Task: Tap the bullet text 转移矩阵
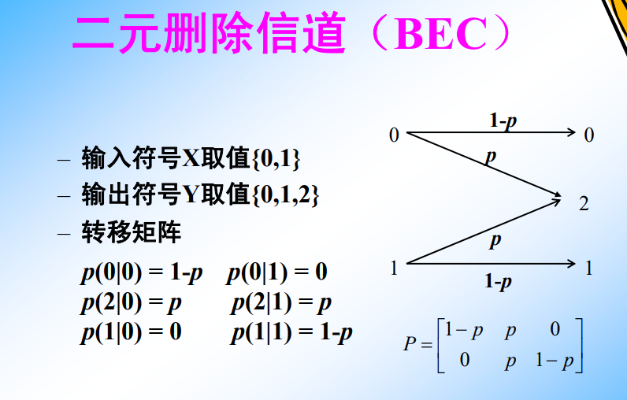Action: click(x=131, y=232)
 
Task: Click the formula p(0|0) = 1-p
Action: click(x=142, y=273)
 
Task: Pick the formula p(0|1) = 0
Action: click(x=276, y=273)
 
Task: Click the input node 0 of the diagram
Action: click(x=394, y=135)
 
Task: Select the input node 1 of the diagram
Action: click(x=394, y=269)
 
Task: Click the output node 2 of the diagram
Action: click(x=584, y=204)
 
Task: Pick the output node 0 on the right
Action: click(x=588, y=135)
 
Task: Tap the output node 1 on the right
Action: click(x=588, y=269)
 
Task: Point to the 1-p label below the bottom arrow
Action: click(x=498, y=282)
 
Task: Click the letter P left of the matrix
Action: click(x=410, y=344)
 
